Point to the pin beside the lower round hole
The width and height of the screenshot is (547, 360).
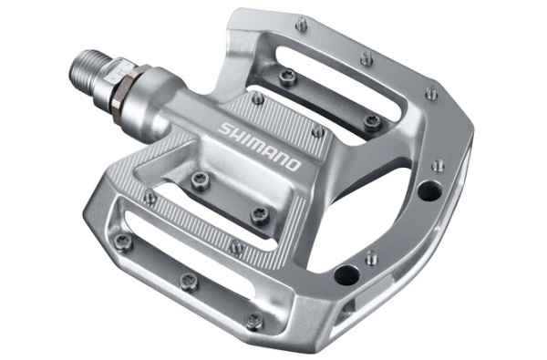370,257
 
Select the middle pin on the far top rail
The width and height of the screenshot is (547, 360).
366,58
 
